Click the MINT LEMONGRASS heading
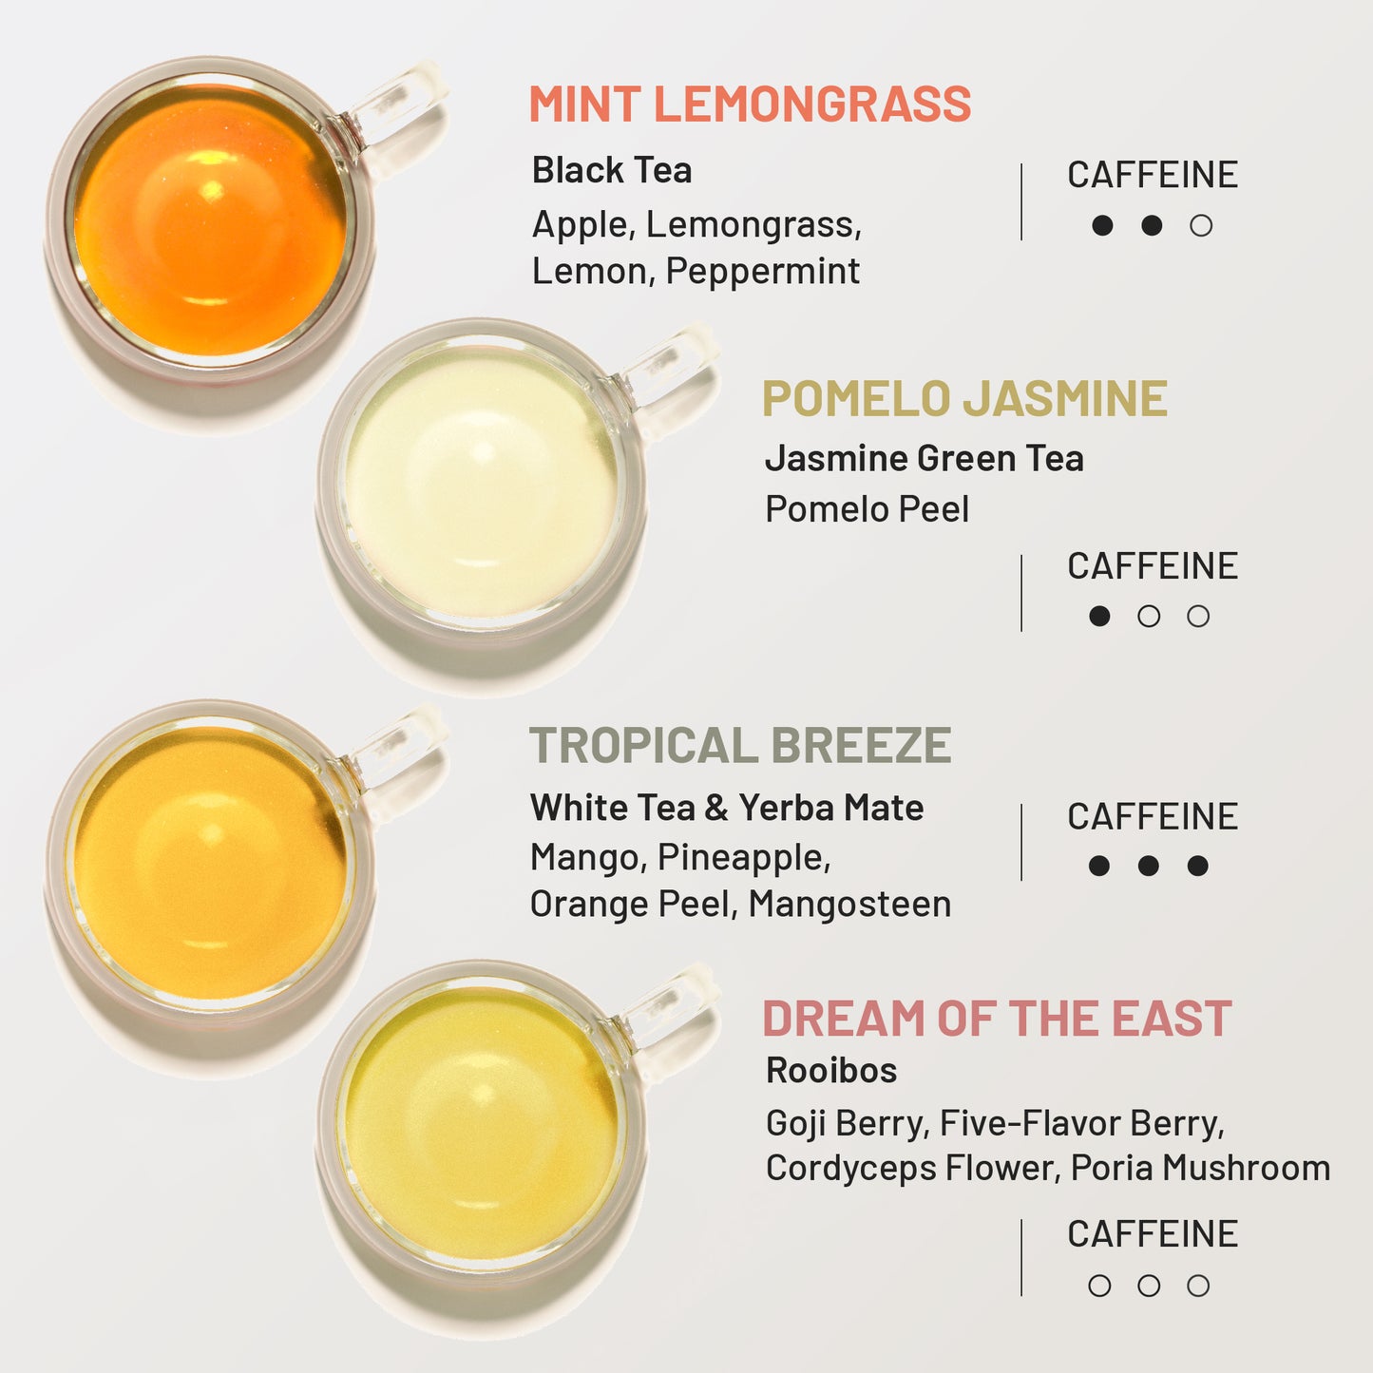point(750,105)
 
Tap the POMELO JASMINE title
point(964,399)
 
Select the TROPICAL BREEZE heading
point(740,746)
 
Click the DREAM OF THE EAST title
point(997,1020)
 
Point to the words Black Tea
point(612,171)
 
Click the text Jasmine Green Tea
point(924,459)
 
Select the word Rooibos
point(831,1071)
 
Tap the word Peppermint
point(763,272)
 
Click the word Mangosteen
point(849,905)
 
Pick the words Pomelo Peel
point(867,509)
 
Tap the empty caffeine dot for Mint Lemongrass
point(1201,225)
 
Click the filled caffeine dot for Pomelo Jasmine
point(1099,616)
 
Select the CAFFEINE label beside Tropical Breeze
point(1153,817)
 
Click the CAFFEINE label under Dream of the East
point(1153,1234)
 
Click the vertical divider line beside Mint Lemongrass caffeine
point(1021,201)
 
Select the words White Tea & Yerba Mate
point(727,809)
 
